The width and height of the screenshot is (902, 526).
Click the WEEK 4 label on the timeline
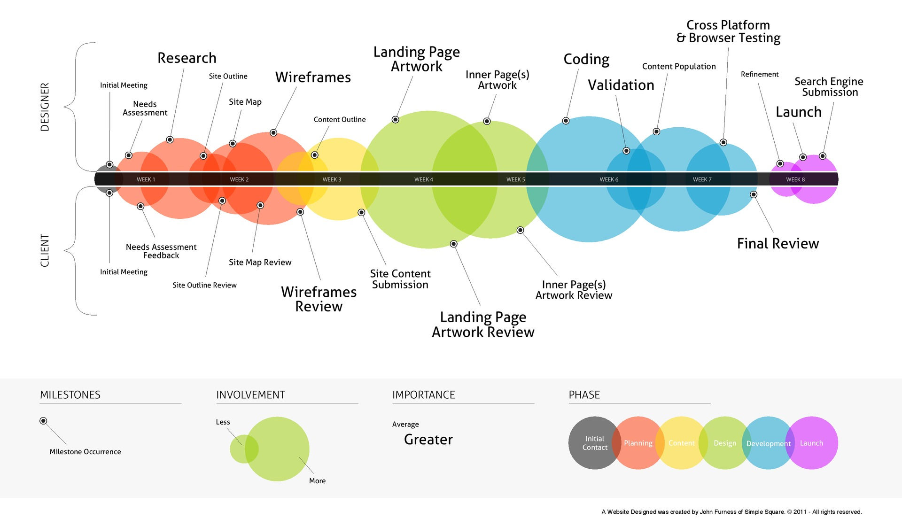pyautogui.click(x=424, y=179)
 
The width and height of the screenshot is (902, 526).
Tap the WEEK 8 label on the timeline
pyautogui.click(x=795, y=179)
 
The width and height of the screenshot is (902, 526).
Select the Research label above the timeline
pyautogui.click(x=187, y=58)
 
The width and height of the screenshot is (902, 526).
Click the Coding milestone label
pyautogui.click(x=586, y=60)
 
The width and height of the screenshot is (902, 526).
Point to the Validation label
pyautogui.click(x=621, y=85)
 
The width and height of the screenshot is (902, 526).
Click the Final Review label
pyautogui.click(x=778, y=243)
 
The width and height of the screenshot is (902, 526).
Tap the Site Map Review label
pyautogui.click(x=260, y=262)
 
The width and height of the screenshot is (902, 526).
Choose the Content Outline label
pyautogui.click(x=340, y=119)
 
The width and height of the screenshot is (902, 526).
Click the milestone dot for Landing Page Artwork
pyautogui.click(x=396, y=120)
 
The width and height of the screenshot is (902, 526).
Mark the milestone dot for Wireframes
pyautogui.click(x=273, y=133)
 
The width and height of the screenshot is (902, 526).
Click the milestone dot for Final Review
pyautogui.click(x=754, y=194)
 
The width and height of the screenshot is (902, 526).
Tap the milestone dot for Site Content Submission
pyautogui.click(x=361, y=213)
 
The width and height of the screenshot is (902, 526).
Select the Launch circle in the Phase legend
pyautogui.click(x=812, y=443)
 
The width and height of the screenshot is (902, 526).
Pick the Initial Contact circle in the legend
pyautogui.click(x=595, y=443)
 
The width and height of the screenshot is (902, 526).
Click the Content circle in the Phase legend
pyautogui.click(x=682, y=443)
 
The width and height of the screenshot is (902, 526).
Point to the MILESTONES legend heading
pyautogui.click(x=70, y=394)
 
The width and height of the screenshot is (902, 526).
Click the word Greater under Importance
pyautogui.click(x=428, y=440)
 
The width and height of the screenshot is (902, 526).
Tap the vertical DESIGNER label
pyautogui.click(x=45, y=107)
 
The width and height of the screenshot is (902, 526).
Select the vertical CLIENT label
pyautogui.click(x=45, y=251)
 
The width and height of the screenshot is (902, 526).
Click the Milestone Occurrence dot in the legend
pyautogui.click(x=43, y=421)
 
